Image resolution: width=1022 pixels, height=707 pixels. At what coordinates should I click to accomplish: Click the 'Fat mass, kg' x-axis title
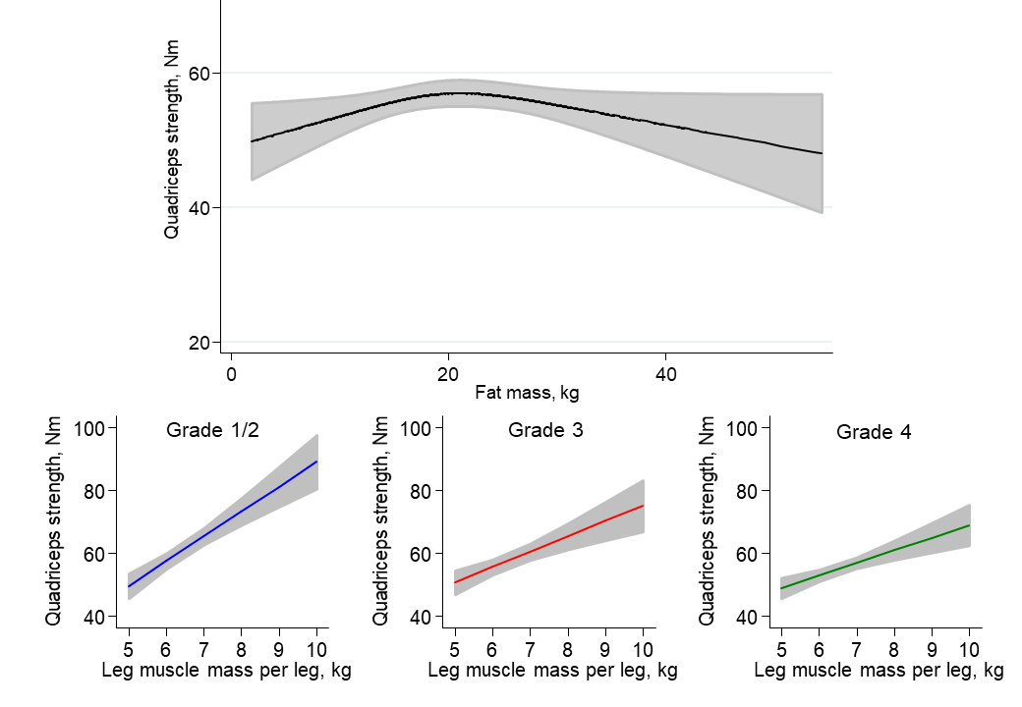[527, 394]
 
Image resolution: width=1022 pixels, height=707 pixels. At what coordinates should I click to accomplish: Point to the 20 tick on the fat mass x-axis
[448, 375]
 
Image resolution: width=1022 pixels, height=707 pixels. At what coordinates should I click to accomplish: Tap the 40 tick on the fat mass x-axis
[666, 375]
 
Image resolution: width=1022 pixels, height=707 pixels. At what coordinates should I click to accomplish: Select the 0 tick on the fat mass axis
[230, 375]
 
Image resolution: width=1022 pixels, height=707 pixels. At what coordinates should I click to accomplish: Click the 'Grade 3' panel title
[539, 430]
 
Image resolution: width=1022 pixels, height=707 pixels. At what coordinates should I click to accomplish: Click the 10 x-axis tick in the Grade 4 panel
[969, 649]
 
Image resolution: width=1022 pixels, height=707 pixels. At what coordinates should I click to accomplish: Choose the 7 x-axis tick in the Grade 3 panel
[530, 649]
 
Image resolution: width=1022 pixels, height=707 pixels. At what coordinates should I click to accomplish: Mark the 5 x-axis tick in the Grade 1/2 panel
[128, 649]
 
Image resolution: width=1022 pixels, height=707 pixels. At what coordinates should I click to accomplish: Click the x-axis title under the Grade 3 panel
[552, 671]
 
